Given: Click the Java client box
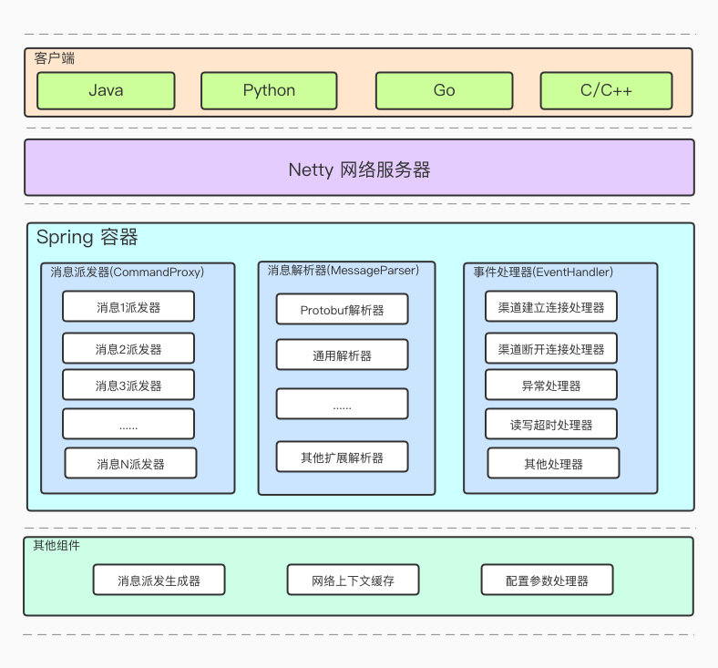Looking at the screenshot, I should pyautogui.click(x=106, y=91).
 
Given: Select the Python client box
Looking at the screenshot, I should pyautogui.click(x=269, y=91).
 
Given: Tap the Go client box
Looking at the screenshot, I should pyautogui.click(x=444, y=91).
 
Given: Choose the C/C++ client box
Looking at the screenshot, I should pyautogui.click(x=606, y=91).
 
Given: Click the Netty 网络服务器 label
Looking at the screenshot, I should pyautogui.click(x=359, y=170).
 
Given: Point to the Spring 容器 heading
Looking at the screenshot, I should pyautogui.click(x=87, y=238).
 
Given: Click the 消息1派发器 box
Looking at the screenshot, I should pyautogui.click(x=128, y=307).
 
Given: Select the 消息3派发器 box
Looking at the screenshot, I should pyautogui.click(x=128, y=385).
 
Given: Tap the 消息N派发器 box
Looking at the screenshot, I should pyautogui.click(x=130, y=464).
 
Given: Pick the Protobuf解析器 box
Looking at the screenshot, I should pyautogui.click(x=342, y=310).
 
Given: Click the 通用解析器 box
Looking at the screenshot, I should pyautogui.click(x=342, y=355).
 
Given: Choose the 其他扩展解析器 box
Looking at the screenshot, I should pyautogui.click(x=342, y=457).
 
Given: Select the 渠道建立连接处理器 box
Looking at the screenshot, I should pyautogui.click(x=551, y=307).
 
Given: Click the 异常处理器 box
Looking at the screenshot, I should pyautogui.click(x=551, y=385).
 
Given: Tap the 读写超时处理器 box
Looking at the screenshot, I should pyautogui.click(x=551, y=425).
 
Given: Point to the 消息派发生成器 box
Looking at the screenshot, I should pyautogui.click(x=159, y=581).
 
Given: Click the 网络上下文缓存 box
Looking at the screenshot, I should pyautogui.click(x=353, y=581).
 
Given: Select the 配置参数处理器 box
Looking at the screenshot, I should pyautogui.click(x=547, y=581).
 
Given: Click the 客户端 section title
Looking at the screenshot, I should pyautogui.click(x=55, y=58).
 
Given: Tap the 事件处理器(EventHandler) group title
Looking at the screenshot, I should pyautogui.click(x=543, y=272).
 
